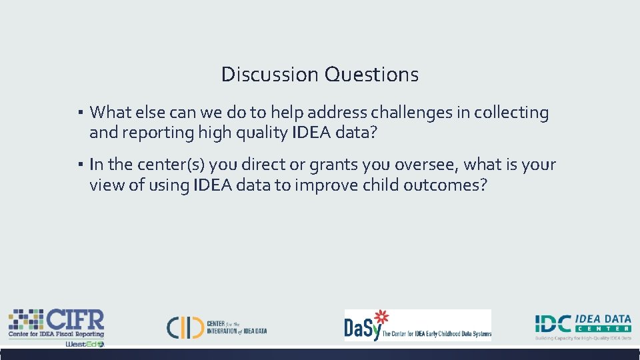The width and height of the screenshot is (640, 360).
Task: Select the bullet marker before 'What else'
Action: pyautogui.click(x=79, y=113)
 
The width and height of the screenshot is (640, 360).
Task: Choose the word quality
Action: pyautogui.click(x=258, y=133)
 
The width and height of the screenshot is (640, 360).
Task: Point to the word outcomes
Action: pyautogui.click(x=445, y=185)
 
